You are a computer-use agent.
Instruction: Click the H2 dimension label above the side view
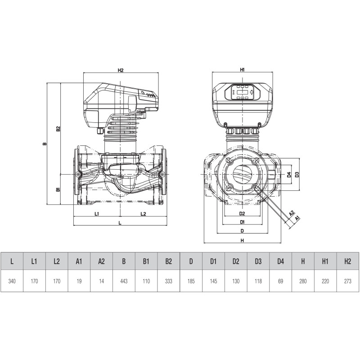pyautogui.click(x=121, y=70)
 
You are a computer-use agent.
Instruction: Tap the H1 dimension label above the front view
pyautogui.click(x=242, y=70)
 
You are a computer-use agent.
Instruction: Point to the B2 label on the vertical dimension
pyautogui.click(x=58, y=129)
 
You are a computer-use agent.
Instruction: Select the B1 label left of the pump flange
pyautogui.click(x=58, y=189)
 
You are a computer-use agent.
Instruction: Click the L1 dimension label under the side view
pyautogui.click(x=97, y=214)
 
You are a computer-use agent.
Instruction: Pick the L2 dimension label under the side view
pyautogui.click(x=143, y=214)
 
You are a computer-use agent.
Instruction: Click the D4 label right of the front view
pyautogui.click(x=289, y=175)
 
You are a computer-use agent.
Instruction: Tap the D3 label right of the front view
pyautogui.click(x=297, y=175)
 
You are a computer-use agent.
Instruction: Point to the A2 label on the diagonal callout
pyautogui.click(x=291, y=213)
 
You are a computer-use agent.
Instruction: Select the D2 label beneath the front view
pyautogui.click(x=242, y=213)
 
